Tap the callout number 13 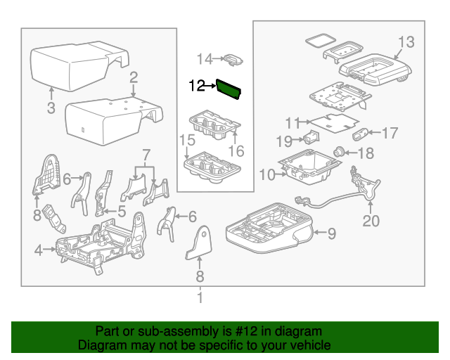[407, 40]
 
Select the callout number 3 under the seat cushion [51, 108]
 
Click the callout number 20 [371, 221]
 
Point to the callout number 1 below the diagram [200, 299]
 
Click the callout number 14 [204, 58]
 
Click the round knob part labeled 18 [340, 150]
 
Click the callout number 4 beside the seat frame [39, 249]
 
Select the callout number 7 [146, 154]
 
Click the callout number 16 [236, 150]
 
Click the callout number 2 [133, 79]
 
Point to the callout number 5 [122, 210]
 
